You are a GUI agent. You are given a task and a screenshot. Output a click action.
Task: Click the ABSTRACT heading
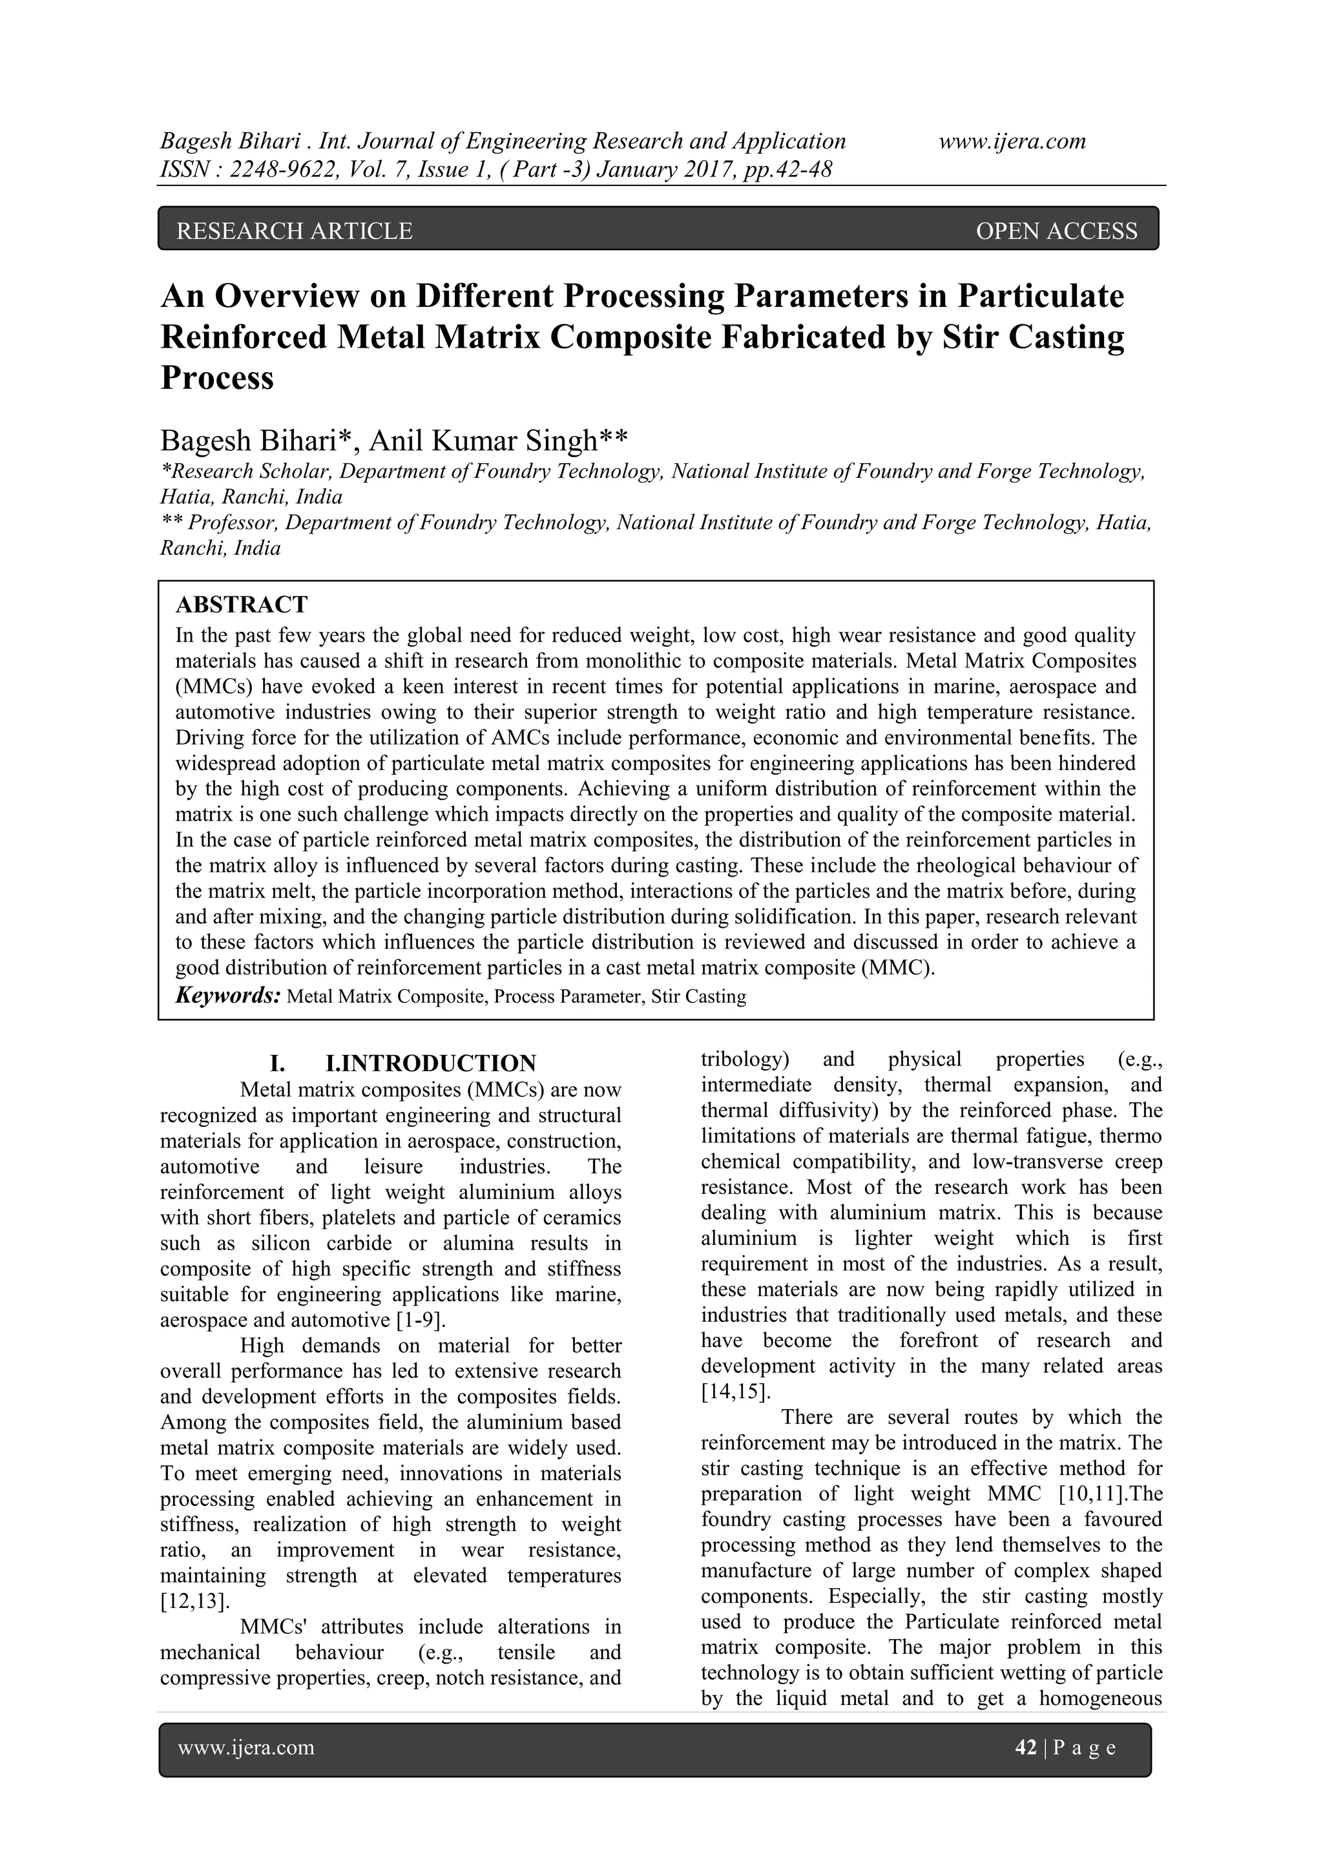(x=242, y=605)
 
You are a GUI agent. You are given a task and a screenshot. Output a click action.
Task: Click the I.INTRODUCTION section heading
(x=430, y=1063)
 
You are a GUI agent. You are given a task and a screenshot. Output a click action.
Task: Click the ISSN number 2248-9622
(x=284, y=169)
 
